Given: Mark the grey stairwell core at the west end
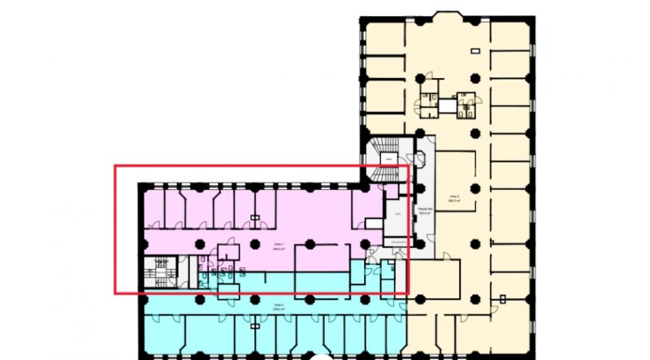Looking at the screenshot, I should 160,271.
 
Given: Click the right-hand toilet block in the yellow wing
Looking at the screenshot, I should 465,105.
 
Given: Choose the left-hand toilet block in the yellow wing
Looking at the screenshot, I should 427,102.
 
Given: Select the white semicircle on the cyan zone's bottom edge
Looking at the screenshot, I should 323,356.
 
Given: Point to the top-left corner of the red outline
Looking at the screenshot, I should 115,167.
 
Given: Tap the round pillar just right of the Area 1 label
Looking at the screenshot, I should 310,242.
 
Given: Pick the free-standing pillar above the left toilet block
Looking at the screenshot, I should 420,79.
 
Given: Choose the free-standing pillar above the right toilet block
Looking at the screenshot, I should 474,79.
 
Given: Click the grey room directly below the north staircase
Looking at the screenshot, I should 397,213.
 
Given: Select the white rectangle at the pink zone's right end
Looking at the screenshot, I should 374,222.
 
